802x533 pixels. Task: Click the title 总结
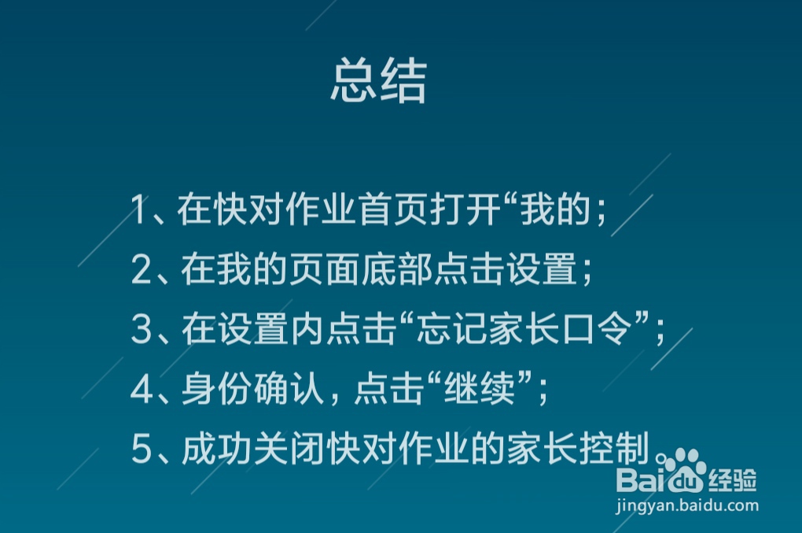pos(378,82)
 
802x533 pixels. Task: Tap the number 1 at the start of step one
pos(140,211)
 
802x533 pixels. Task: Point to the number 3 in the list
pos(142,330)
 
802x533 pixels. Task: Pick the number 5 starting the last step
pos(142,450)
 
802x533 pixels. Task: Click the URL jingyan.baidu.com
pos(687,505)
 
